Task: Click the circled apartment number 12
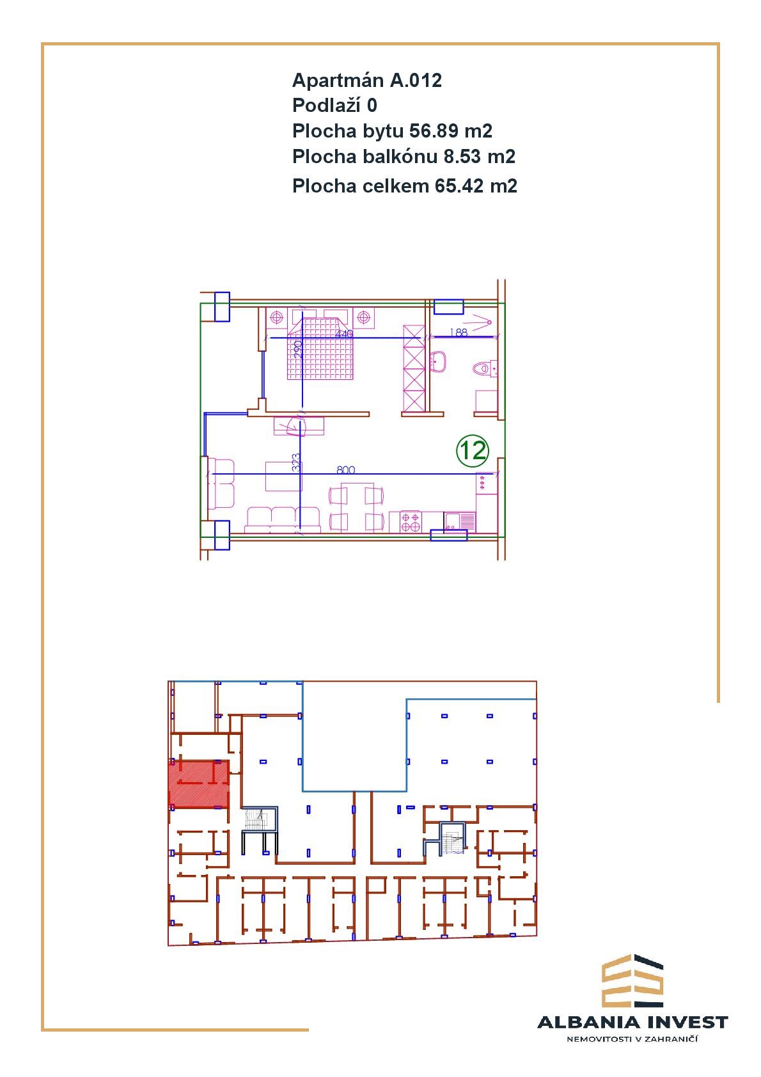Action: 472,450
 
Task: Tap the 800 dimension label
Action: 345,469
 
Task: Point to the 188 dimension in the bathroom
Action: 459,332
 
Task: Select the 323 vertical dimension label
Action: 296,462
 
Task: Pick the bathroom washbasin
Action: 438,361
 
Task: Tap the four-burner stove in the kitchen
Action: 411,522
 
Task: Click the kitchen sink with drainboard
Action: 460,522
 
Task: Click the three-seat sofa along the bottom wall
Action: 283,520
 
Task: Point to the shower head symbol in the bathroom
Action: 482,322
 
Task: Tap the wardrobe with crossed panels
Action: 414,369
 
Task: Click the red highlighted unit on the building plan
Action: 198,784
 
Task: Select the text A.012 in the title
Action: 416,81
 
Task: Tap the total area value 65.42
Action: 459,186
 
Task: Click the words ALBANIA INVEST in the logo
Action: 632,1023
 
